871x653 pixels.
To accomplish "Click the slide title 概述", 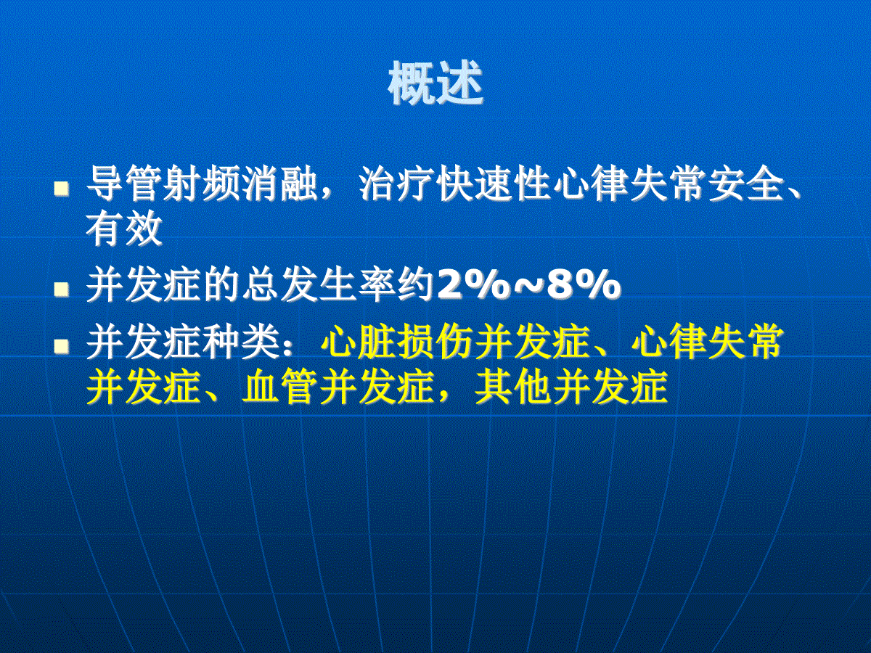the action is pos(435,83).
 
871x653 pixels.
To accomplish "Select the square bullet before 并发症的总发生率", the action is pos(62,289).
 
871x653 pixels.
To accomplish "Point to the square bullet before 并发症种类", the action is pos(62,346).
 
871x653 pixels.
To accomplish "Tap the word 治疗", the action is pos(396,184).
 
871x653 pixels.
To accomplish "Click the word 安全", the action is pos(746,184).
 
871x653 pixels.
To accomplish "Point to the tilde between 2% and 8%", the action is pos(528,284).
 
